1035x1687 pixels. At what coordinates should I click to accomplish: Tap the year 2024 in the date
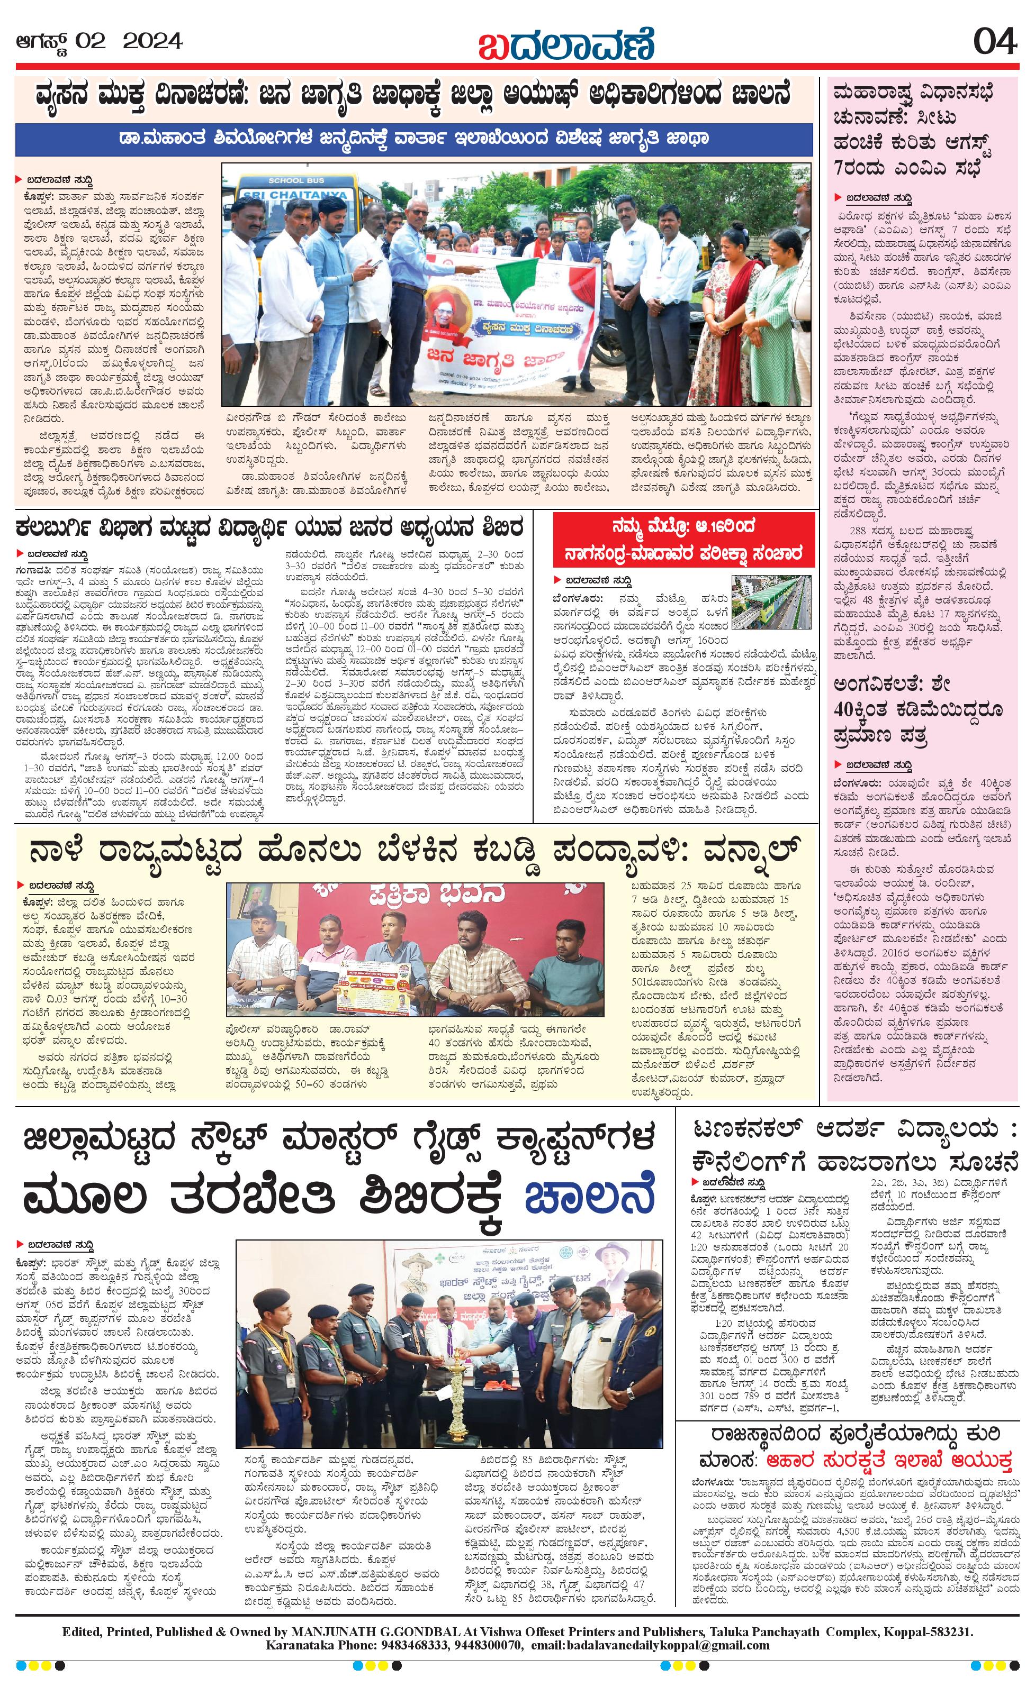tap(152, 42)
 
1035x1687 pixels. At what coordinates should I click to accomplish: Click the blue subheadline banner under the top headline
tap(415, 140)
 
